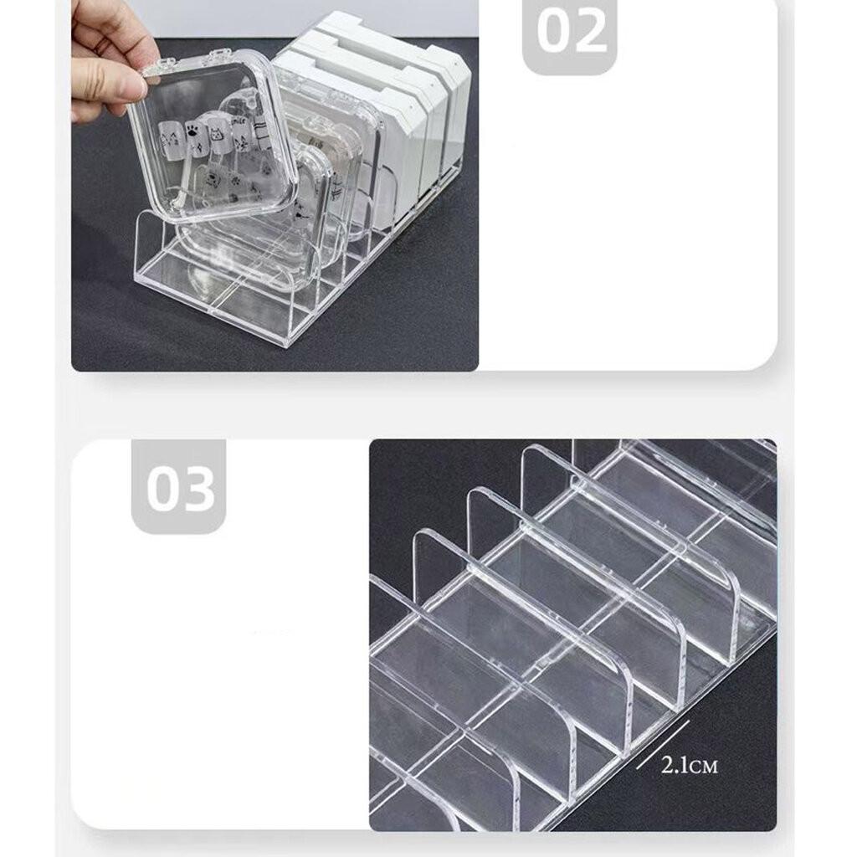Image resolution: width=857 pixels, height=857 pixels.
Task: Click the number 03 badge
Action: [x=179, y=486]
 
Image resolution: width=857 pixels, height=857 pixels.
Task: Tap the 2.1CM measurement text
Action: [x=689, y=765]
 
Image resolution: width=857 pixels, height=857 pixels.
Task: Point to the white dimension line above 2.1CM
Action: [x=663, y=744]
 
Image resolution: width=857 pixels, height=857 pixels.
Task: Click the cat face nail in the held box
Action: [x=220, y=136]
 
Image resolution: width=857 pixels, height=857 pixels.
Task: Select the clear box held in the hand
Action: [x=213, y=134]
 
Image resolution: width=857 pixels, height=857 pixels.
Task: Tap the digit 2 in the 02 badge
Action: [x=589, y=32]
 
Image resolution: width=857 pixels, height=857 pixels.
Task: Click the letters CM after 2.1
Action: [x=703, y=767]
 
